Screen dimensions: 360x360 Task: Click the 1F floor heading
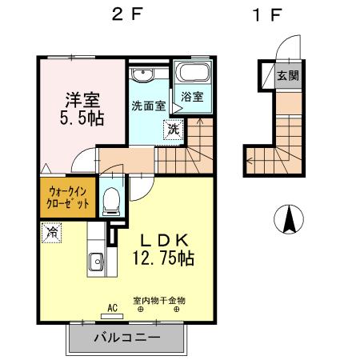pyautogui.click(x=262, y=15)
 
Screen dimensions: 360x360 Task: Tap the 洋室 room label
pyautogui.click(x=82, y=102)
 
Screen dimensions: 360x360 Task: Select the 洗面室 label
pyautogui.click(x=148, y=105)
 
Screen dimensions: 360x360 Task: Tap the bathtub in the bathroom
pyautogui.click(x=192, y=74)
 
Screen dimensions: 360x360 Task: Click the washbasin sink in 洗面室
pyautogui.click(x=143, y=75)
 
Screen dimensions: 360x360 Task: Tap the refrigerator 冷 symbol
pyautogui.click(x=51, y=234)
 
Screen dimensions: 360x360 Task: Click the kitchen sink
pyautogui.click(x=95, y=261)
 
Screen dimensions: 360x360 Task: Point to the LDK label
pyautogui.click(x=164, y=240)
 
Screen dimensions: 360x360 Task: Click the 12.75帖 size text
pyautogui.click(x=164, y=259)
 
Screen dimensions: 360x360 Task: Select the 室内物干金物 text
pyautogui.click(x=159, y=300)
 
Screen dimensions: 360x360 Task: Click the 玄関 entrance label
pyautogui.click(x=288, y=76)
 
